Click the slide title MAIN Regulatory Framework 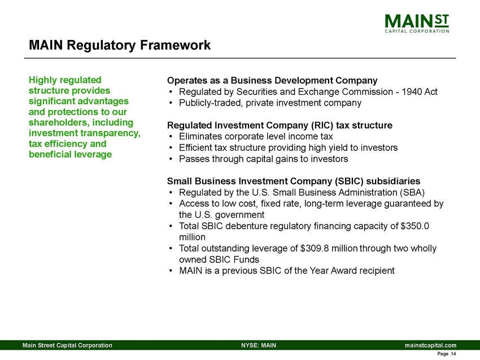pyautogui.click(x=120, y=45)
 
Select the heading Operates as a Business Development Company pyautogui.click(x=272, y=80)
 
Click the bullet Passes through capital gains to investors pyautogui.click(x=263, y=159)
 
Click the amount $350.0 pyautogui.click(x=415, y=226)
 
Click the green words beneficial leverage pyautogui.click(x=70, y=154)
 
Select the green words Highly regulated pyautogui.click(x=65, y=80)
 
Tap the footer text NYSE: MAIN pyautogui.click(x=258, y=345)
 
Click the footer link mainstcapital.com pyautogui.click(x=430, y=345)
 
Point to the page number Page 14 pyautogui.click(x=447, y=354)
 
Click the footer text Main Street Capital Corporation pyautogui.click(x=67, y=345)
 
